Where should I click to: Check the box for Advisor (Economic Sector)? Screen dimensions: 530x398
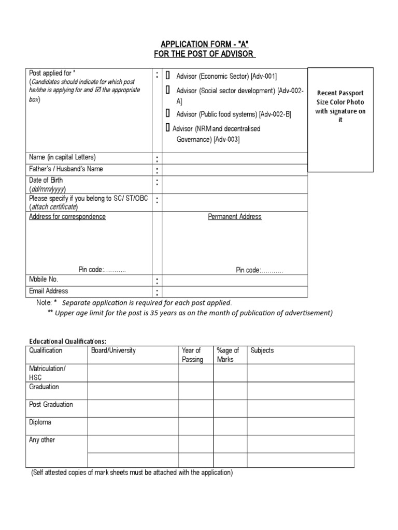[168, 76]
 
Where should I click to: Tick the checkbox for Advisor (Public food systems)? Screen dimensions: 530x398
[168, 113]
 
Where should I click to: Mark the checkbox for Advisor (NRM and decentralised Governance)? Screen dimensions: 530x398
[168, 127]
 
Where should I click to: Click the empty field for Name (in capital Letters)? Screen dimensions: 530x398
[235, 158]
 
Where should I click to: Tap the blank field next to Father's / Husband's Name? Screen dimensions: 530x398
[235, 170]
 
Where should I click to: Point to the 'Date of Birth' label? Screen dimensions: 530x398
[46, 180]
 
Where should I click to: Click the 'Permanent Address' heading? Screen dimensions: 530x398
[235, 217]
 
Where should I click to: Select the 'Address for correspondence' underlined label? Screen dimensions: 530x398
[67, 217]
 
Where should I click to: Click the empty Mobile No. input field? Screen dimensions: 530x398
[235, 280]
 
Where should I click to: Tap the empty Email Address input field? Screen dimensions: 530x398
[235, 292]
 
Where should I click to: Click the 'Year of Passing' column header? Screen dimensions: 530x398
[192, 355]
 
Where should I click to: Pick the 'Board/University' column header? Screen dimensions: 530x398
[112, 350]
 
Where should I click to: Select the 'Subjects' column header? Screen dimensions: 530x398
[262, 350]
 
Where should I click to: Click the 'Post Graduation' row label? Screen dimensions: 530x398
[51, 404]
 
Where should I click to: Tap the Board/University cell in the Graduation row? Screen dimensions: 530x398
[133, 391]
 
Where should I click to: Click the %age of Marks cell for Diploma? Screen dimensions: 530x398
[230, 426]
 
